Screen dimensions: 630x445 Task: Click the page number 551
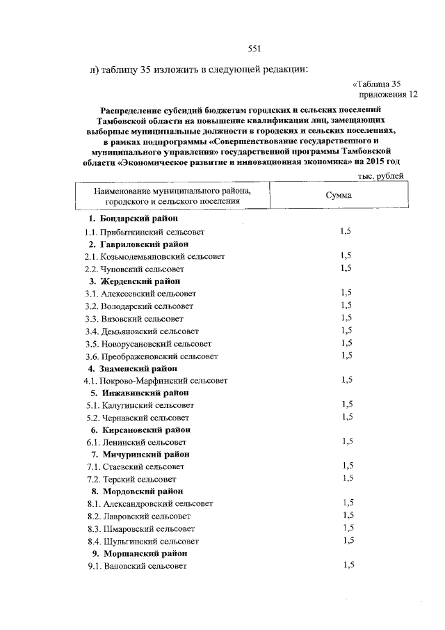point(254,48)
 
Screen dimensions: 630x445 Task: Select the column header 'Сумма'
point(339,196)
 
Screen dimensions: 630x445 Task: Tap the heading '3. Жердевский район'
point(134,281)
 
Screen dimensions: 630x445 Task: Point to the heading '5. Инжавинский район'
point(137,393)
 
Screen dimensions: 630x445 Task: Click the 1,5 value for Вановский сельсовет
point(348,565)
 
